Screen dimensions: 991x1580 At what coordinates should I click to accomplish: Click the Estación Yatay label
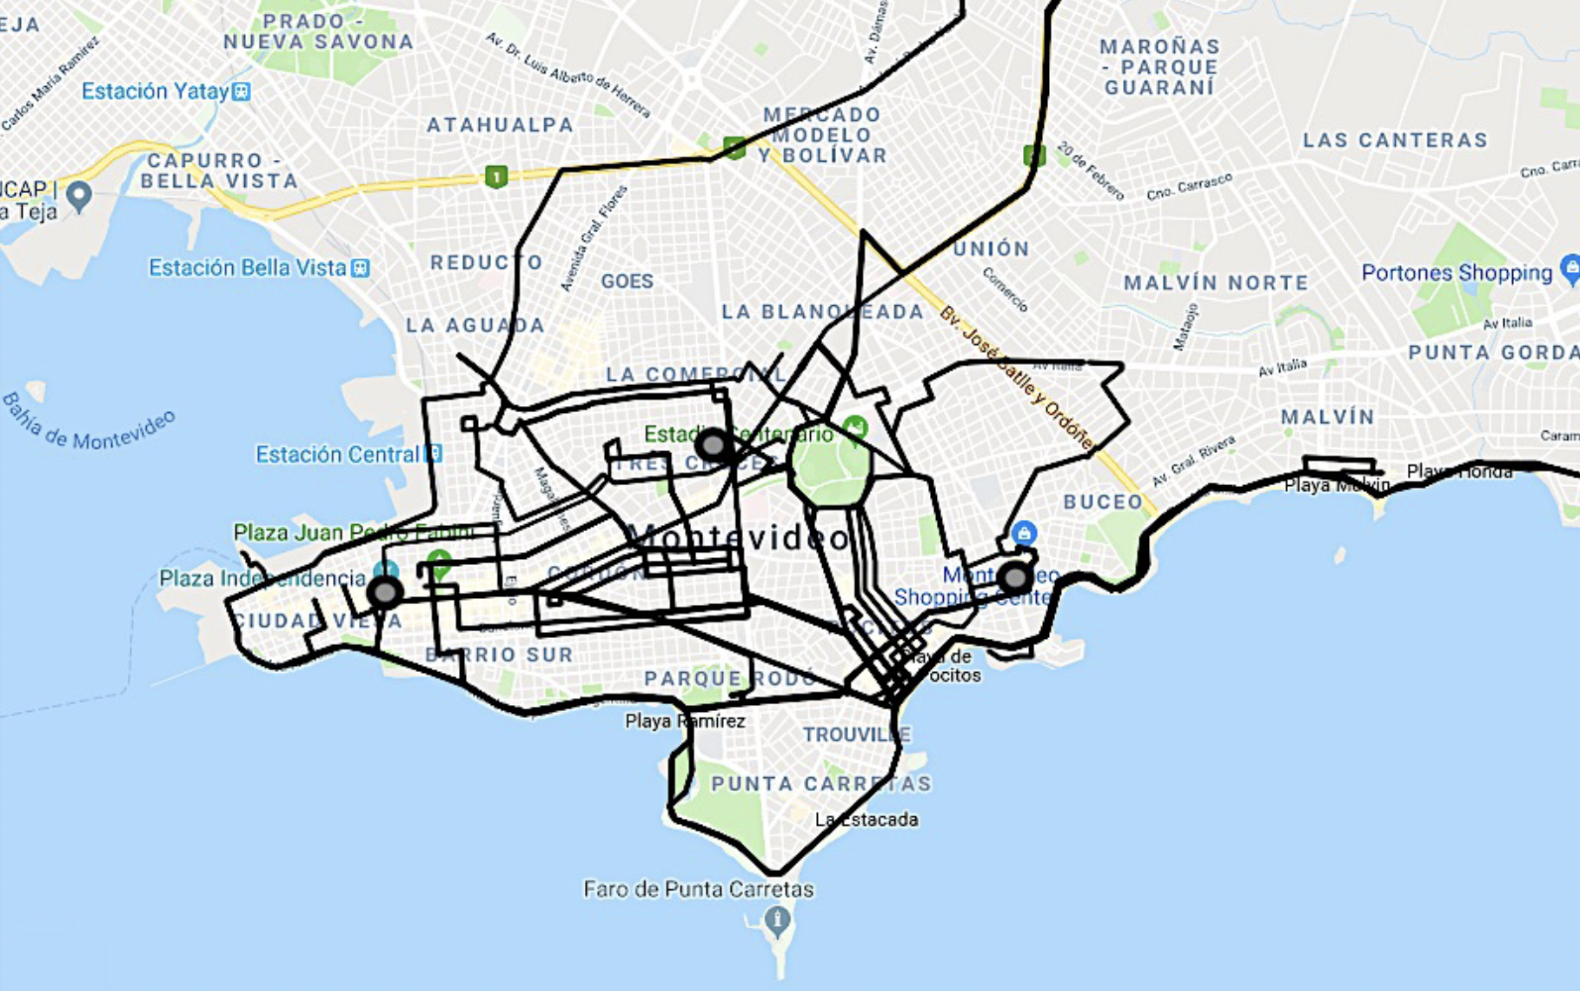pyautogui.click(x=155, y=91)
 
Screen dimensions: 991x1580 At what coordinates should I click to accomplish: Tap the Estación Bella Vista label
pyautogui.click(x=248, y=268)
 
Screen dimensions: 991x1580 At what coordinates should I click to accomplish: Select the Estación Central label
pyautogui.click(x=337, y=454)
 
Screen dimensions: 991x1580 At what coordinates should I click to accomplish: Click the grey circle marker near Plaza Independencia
pyautogui.click(x=385, y=593)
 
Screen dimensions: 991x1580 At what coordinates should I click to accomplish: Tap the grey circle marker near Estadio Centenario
pyautogui.click(x=714, y=445)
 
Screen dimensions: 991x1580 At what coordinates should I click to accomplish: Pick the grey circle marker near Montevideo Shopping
pyautogui.click(x=1014, y=577)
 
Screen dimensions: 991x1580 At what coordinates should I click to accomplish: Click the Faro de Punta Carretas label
pyautogui.click(x=698, y=889)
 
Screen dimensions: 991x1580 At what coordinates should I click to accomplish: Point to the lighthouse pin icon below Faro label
pyautogui.click(x=777, y=918)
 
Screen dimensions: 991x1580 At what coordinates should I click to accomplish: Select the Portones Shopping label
pyautogui.click(x=1457, y=273)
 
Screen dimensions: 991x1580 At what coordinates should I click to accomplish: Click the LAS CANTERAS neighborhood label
pyautogui.click(x=1395, y=140)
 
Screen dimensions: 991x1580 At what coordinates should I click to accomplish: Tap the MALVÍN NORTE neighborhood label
pyautogui.click(x=1216, y=283)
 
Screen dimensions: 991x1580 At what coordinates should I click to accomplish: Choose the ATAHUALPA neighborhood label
pyautogui.click(x=500, y=125)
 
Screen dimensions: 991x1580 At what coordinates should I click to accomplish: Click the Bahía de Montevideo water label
pyautogui.click(x=89, y=421)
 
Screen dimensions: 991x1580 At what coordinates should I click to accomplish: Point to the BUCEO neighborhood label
pyautogui.click(x=1103, y=502)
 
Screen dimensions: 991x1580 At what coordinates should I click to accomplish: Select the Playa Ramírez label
pyautogui.click(x=685, y=721)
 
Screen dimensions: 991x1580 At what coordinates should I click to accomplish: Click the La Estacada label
pyautogui.click(x=866, y=819)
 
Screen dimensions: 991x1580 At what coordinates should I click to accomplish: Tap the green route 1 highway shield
pyautogui.click(x=495, y=177)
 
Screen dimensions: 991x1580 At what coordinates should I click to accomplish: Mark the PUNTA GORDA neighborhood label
pyautogui.click(x=1493, y=352)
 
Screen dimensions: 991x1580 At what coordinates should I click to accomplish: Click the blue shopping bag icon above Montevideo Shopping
pyautogui.click(x=1024, y=532)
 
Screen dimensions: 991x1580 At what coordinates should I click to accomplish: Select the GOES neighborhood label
pyautogui.click(x=627, y=281)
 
